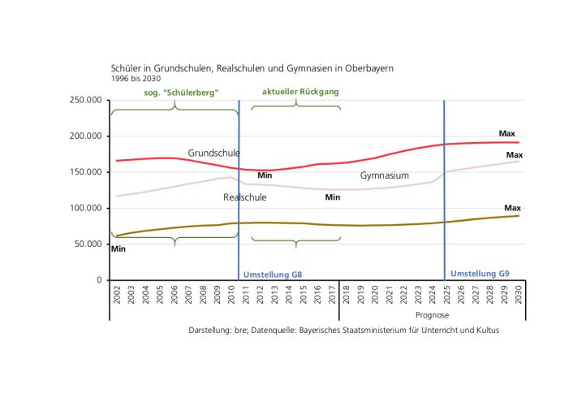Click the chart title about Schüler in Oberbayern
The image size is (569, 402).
click(252, 68)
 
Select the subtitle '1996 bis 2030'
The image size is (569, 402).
click(136, 79)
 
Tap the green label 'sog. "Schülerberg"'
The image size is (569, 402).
click(181, 93)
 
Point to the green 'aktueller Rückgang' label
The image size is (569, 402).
click(300, 92)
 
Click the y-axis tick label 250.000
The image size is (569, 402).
click(86, 100)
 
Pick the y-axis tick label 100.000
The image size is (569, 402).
click(86, 208)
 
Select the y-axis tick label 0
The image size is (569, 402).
click(99, 280)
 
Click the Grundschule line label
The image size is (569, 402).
click(213, 153)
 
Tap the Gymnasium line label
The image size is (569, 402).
click(384, 175)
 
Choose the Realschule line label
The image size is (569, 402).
click(244, 197)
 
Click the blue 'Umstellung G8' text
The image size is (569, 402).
click(273, 274)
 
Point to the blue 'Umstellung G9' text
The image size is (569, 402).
click(480, 274)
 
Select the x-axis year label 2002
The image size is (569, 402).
click(117, 295)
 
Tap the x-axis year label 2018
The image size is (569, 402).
click(346, 295)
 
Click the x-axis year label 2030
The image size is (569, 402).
click(518, 295)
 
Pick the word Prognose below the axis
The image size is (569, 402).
click(432, 315)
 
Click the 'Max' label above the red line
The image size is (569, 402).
click(506, 134)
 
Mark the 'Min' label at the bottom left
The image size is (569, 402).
click(119, 249)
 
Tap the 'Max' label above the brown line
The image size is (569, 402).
click(512, 208)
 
